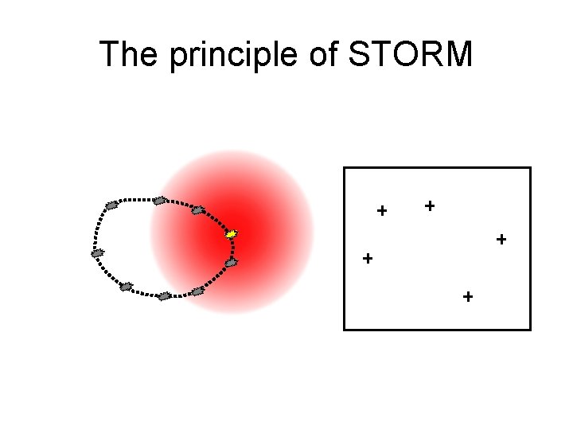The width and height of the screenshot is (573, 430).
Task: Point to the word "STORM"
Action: tap(415, 55)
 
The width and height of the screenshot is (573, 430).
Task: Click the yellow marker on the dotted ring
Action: tap(232, 234)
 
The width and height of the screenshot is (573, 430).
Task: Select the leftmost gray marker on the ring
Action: tap(98, 253)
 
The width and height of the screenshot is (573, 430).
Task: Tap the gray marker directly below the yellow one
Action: tap(231, 262)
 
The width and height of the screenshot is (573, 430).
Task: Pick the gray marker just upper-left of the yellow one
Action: tap(198, 210)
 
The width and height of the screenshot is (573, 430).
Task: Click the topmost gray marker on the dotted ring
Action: tap(160, 200)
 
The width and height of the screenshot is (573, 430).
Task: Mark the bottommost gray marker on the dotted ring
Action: tap(164, 296)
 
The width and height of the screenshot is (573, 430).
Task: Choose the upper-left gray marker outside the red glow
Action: tap(111, 205)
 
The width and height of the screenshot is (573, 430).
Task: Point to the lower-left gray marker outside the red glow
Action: tap(126, 286)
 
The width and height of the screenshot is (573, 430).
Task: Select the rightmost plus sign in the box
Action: tap(501, 238)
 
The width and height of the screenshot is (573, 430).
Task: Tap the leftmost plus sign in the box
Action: tap(367, 259)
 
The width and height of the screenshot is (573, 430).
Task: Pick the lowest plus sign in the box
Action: tap(467, 297)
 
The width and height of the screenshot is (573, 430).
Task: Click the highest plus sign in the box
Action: tap(430, 205)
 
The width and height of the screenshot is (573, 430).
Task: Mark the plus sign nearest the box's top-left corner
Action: tap(382, 211)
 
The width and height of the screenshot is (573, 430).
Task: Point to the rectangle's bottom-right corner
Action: tap(530, 329)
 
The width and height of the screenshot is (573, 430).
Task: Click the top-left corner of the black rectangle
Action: tap(344, 167)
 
